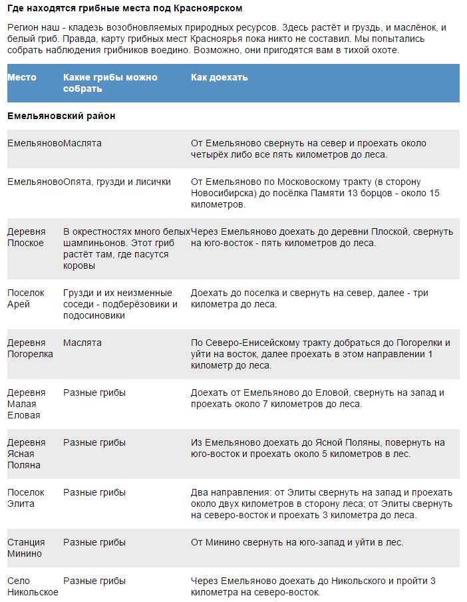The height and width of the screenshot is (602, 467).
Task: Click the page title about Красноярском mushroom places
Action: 125,9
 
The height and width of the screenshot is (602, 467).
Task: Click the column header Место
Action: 22,77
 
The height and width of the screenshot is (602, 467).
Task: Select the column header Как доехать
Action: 219,77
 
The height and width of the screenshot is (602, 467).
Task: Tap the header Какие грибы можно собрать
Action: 110,82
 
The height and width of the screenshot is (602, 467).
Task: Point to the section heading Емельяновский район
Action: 61,116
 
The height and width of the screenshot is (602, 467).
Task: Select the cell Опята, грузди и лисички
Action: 117,182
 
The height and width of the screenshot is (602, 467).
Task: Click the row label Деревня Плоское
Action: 27,237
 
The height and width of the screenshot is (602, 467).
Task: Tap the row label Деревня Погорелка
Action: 30,348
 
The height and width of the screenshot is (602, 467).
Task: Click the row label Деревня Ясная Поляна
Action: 27,454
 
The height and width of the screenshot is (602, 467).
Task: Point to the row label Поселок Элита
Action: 25,498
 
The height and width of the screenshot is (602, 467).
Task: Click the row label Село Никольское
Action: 33,586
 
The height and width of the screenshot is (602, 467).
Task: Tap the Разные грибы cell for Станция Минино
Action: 94,542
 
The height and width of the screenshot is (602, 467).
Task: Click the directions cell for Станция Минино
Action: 297,542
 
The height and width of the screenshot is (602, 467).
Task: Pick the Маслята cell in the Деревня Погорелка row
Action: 82,343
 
